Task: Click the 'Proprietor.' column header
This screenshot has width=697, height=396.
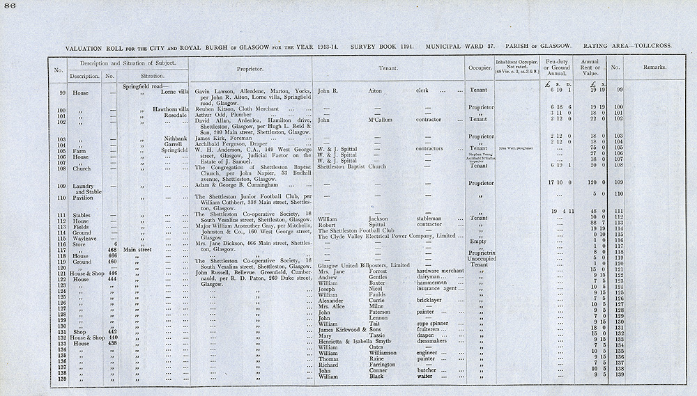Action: (x=249, y=69)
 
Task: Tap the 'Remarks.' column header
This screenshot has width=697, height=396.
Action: (x=656, y=68)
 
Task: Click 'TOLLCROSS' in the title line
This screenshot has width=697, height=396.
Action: (x=650, y=46)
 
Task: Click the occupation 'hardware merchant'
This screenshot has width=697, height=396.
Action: (x=441, y=270)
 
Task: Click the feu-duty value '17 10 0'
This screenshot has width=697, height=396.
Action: (x=556, y=184)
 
